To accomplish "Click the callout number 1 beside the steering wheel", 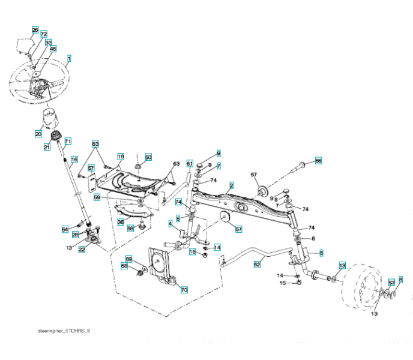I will click(x=70, y=58).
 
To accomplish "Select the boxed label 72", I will click(x=44, y=35).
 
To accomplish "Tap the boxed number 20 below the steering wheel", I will click(x=38, y=134).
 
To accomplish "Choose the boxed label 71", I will click(x=68, y=141).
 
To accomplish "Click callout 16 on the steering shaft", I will click(x=74, y=160).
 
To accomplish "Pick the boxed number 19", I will click(x=120, y=157).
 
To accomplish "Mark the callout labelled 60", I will click(x=148, y=157).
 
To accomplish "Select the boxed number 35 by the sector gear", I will click(x=121, y=222).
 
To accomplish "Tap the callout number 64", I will click(x=65, y=229).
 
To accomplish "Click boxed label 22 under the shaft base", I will click(x=82, y=250).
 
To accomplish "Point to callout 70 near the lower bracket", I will click(x=184, y=290).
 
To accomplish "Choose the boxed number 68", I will click(x=125, y=266).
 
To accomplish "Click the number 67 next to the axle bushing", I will click(x=254, y=175).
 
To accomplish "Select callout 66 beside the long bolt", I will click(x=319, y=161).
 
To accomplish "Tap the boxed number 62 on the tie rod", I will click(x=258, y=263).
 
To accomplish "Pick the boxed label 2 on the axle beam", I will click(x=232, y=186).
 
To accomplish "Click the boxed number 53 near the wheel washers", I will click(x=391, y=281).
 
